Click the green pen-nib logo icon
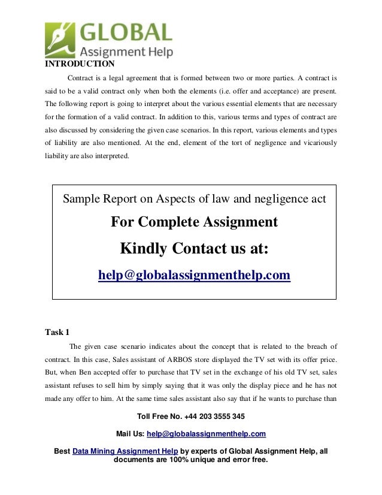click(x=60, y=38)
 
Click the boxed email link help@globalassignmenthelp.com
click(x=194, y=275)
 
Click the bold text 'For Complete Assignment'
click(x=194, y=222)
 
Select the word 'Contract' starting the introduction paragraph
click(x=82, y=78)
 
